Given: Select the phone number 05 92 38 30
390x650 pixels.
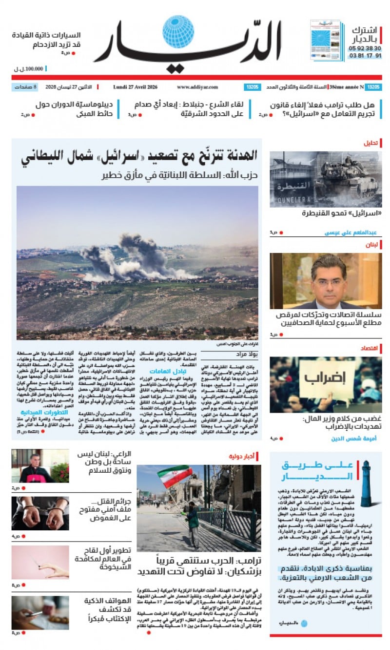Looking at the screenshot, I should tap(365, 48).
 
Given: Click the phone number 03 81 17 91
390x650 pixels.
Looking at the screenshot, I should tap(365, 56).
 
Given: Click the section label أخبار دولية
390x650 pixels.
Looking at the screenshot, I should tap(242, 457).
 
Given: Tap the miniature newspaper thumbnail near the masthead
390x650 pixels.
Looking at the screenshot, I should tap(325, 40).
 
